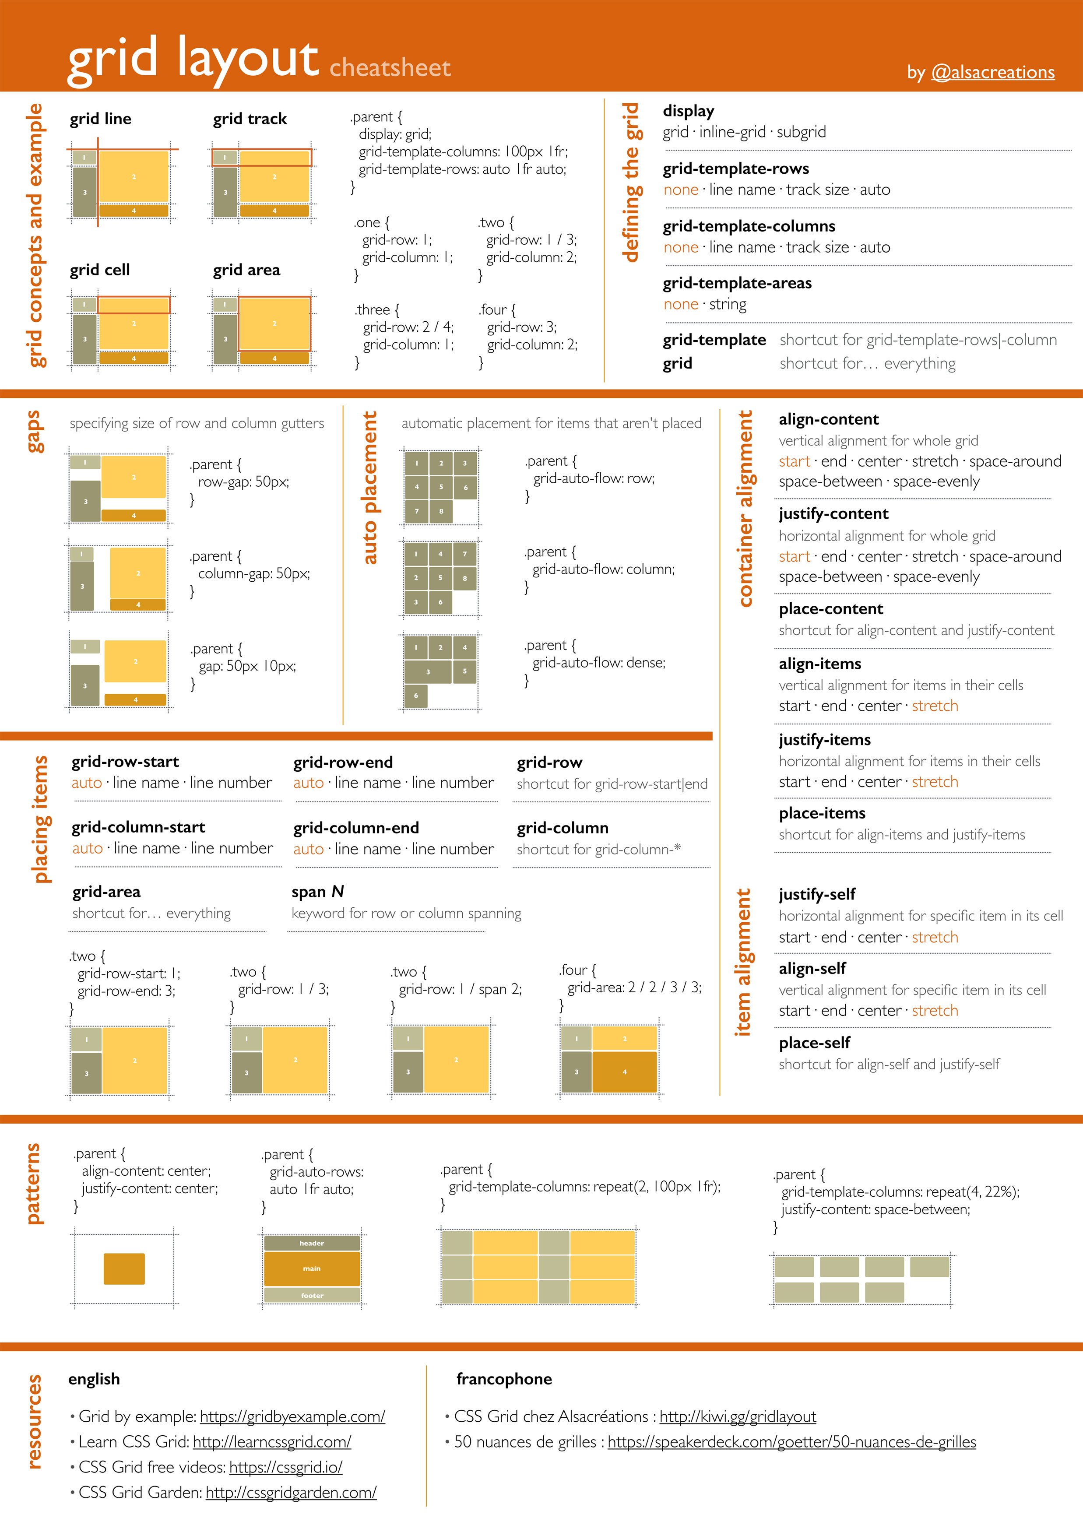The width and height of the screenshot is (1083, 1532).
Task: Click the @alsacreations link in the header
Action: pos(992,72)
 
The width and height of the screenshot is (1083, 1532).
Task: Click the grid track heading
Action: pos(250,119)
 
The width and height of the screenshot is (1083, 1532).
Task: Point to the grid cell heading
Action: pos(100,270)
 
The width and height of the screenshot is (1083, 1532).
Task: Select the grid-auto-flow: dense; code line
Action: pos(598,663)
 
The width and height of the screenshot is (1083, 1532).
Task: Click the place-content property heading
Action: pos(831,608)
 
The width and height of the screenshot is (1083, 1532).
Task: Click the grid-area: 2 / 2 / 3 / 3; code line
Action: pos(634,987)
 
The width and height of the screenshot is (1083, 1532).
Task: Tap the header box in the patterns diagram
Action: pos(312,1243)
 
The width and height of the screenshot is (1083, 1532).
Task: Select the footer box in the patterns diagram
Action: pos(312,1295)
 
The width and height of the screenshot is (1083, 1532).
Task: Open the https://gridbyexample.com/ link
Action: pos(292,1416)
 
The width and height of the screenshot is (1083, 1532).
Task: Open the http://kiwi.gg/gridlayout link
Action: pos(737,1416)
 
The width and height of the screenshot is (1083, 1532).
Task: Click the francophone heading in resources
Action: pos(504,1379)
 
